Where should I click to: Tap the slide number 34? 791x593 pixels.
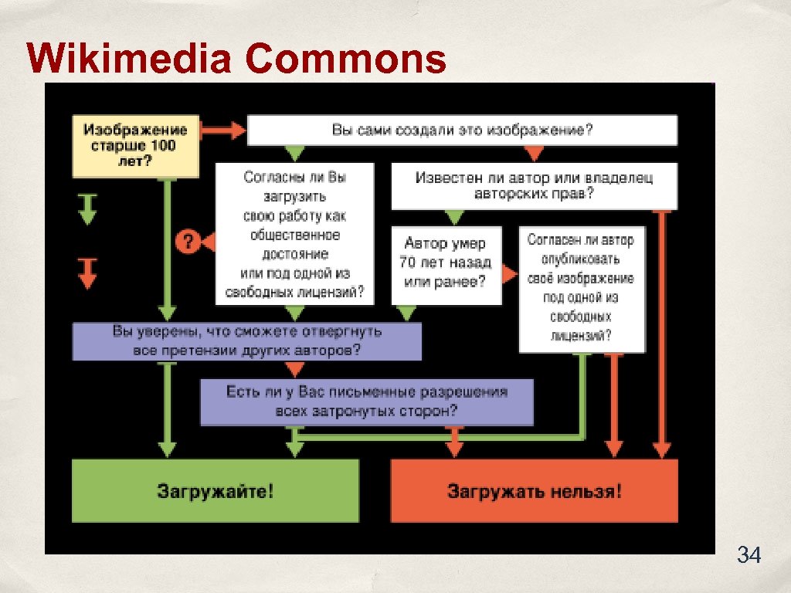point(749,554)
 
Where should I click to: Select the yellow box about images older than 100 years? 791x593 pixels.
point(135,145)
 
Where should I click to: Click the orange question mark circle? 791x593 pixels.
point(186,241)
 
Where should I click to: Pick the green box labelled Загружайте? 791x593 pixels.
point(215,490)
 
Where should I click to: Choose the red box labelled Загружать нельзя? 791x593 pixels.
point(534,490)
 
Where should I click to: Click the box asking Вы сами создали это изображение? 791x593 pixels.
point(462,130)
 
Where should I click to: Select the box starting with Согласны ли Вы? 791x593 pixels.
point(294,234)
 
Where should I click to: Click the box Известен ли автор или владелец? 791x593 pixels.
point(534,186)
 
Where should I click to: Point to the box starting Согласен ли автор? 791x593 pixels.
point(581,287)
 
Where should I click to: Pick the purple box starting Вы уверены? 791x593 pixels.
point(247,341)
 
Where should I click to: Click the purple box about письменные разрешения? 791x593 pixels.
point(366,401)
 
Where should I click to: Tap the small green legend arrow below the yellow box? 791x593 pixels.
point(87,208)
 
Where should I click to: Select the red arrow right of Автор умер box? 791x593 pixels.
point(509,273)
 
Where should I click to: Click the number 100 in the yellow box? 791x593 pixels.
point(164,145)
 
